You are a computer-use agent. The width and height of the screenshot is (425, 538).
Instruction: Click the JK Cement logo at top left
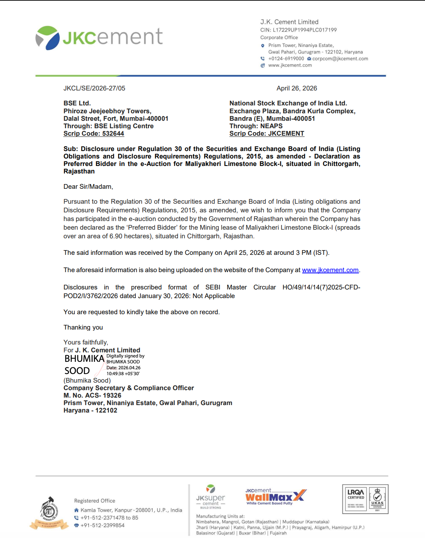click(x=99, y=38)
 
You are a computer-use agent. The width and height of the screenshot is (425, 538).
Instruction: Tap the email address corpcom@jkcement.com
click(x=340, y=59)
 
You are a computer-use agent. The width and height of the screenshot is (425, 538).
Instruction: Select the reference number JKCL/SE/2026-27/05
click(x=94, y=88)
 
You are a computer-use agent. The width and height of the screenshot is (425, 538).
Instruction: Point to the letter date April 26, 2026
click(x=297, y=88)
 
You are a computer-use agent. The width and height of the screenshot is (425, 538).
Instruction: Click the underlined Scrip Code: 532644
click(x=94, y=134)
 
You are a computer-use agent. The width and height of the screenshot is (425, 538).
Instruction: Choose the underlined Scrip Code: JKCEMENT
click(x=267, y=134)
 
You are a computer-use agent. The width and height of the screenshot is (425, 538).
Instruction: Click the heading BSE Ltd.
click(x=77, y=103)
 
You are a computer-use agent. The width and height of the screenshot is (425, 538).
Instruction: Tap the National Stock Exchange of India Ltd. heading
click(x=288, y=103)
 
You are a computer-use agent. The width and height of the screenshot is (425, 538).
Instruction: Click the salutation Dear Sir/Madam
click(x=88, y=187)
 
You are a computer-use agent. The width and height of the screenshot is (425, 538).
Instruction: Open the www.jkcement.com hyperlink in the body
click(x=330, y=270)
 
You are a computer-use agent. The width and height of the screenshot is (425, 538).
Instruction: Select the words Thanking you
click(x=83, y=328)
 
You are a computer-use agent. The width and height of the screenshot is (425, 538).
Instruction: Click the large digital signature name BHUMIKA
click(x=84, y=359)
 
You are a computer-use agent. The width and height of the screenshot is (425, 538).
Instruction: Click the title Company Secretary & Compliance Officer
click(x=129, y=388)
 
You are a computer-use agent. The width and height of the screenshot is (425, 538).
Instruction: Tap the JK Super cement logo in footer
click(x=211, y=496)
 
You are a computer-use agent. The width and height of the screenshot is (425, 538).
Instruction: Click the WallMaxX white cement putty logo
click(x=275, y=496)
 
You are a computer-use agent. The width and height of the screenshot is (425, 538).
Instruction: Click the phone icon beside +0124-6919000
click(x=262, y=59)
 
